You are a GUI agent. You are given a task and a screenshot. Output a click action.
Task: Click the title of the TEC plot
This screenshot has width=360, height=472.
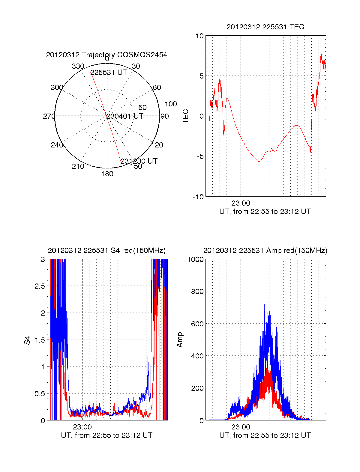click(x=265, y=27)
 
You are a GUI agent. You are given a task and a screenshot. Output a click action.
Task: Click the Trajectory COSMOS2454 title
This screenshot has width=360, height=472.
click(x=106, y=55)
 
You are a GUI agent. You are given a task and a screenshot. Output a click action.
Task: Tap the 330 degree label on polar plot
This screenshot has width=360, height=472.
click(x=78, y=66)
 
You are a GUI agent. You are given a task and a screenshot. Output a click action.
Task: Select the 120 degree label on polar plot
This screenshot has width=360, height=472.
click(x=157, y=145)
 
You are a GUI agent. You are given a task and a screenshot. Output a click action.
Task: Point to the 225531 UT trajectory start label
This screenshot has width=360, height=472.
click(x=109, y=73)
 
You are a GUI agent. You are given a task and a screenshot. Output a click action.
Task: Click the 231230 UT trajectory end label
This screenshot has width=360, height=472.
click(x=139, y=161)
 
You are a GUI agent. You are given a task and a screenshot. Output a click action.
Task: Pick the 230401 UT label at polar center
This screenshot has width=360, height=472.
click(x=125, y=116)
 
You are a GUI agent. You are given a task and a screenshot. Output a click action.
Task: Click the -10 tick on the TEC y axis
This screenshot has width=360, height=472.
click(x=198, y=197)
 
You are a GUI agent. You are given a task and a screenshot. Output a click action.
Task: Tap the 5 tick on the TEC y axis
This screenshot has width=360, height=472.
click(x=201, y=76)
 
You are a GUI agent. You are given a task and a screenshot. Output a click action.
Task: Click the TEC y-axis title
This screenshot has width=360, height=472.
click(x=186, y=116)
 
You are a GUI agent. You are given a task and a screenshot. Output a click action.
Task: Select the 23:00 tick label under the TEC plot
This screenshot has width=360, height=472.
click(x=241, y=203)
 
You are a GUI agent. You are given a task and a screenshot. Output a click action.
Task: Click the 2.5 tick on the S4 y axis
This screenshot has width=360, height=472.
click(x=40, y=286)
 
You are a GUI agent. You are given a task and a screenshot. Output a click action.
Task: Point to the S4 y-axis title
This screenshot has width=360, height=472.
click(x=27, y=340)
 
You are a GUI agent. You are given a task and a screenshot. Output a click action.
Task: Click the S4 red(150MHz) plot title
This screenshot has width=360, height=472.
click(x=106, y=251)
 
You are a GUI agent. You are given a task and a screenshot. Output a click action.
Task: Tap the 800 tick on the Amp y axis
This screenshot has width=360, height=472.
click(x=197, y=291)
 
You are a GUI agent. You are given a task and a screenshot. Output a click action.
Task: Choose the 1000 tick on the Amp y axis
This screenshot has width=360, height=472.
click(x=195, y=259)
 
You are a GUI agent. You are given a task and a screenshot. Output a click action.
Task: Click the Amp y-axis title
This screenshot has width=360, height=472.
click(x=179, y=340)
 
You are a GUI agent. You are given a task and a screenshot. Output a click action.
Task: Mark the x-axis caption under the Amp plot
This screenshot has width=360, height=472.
click(x=265, y=435)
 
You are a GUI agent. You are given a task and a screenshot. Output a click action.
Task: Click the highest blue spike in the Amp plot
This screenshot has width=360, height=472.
click(x=264, y=294)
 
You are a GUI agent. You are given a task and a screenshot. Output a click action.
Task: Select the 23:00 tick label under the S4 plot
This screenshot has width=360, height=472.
click(x=82, y=427)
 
